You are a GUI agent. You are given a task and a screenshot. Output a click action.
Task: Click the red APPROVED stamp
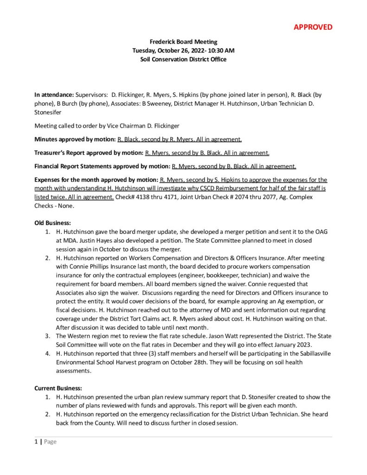pos(313,27)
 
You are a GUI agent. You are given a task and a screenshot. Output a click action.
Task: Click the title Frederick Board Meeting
pos(183,42)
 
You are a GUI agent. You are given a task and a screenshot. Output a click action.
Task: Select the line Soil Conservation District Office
pos(183,59)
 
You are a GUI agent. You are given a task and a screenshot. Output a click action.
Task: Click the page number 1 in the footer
pos(36,442)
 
